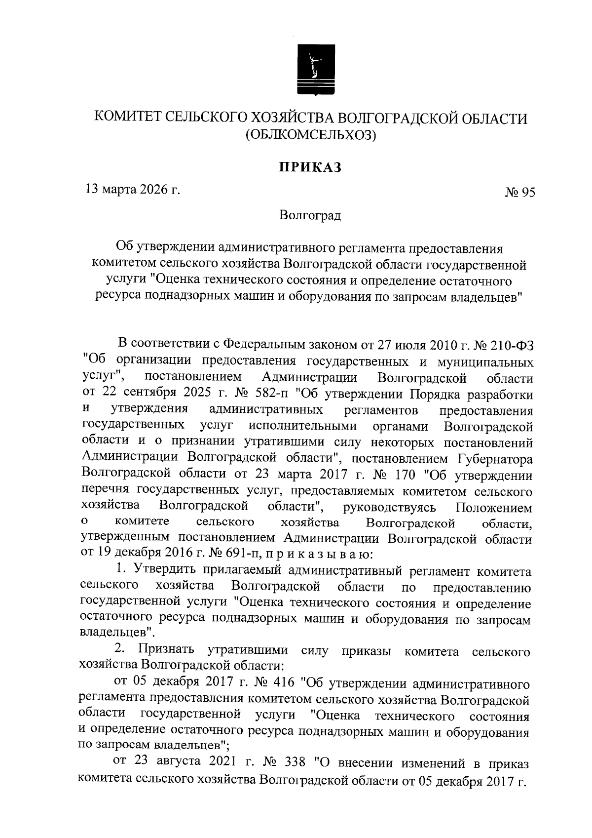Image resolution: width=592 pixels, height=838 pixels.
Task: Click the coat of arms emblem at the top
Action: pyautogui.click(x=316, y=70)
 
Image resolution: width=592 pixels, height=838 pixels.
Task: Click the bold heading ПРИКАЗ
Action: pyautogui.click(x=310, y=168)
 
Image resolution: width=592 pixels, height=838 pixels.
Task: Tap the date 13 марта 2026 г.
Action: pyautogui.click(x=132, y=189)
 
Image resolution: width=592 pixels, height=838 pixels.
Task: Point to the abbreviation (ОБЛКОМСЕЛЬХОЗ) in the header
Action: pyautogui.click(x=311, y=134)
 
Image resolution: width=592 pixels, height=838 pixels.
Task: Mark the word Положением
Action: pyautogui.click(x=494, y=508)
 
